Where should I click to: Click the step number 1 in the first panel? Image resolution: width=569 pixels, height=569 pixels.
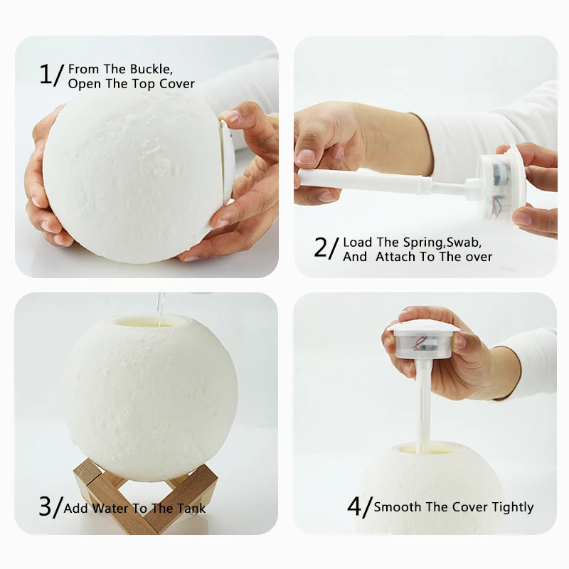(46, 74)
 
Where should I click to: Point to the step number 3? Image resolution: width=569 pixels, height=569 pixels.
(46, 506)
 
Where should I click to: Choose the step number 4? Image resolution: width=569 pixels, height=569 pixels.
(355, 506)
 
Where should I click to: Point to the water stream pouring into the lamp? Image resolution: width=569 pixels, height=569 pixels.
(161, 307)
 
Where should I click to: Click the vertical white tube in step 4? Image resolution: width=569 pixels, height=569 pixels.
(422, 405)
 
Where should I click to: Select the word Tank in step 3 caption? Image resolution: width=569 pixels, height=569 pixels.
(190, 509)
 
